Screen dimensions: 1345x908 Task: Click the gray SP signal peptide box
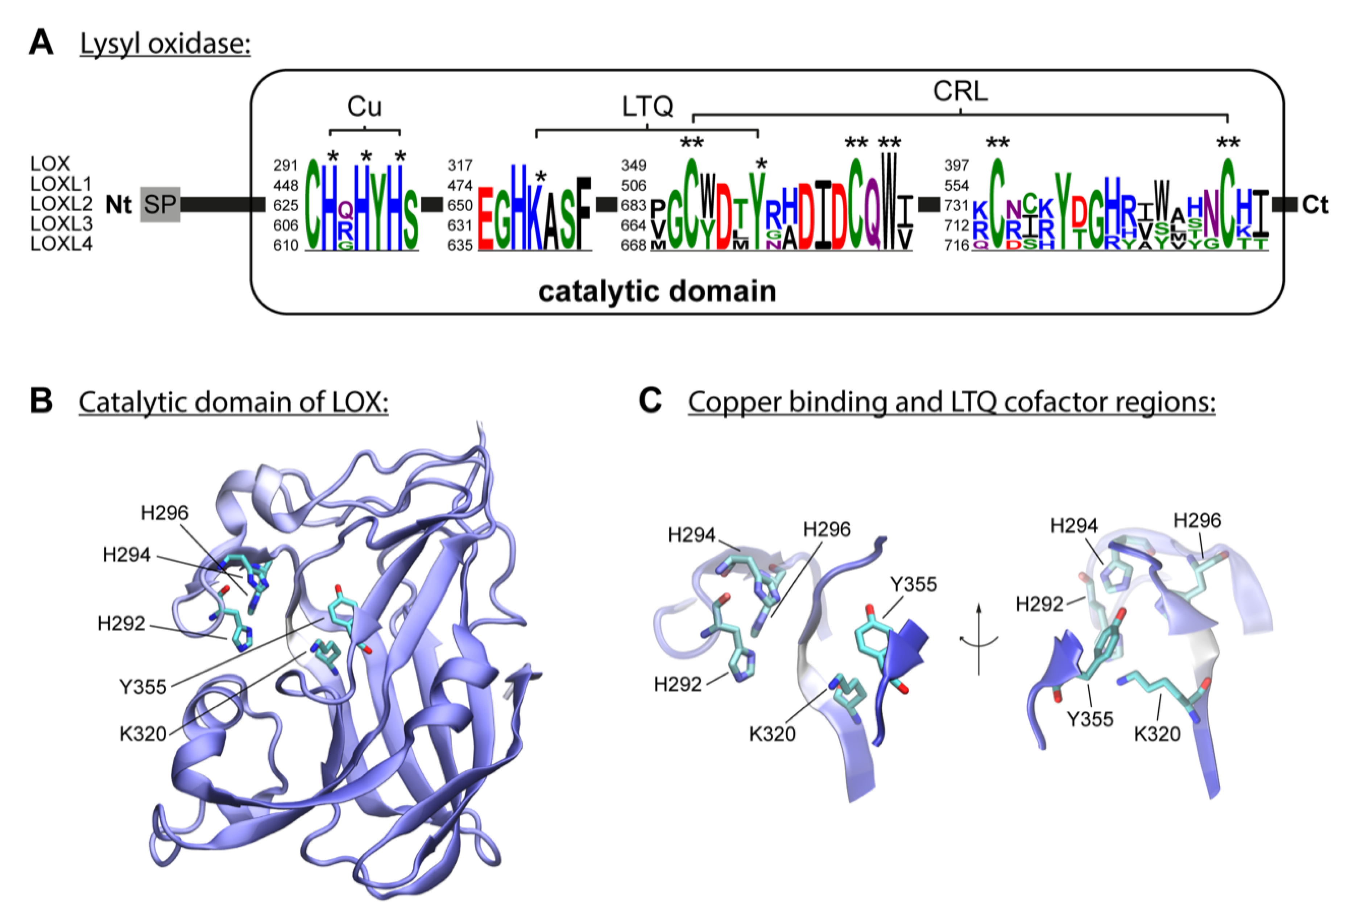pos(160,204)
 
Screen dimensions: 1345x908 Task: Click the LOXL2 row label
pos(61,204)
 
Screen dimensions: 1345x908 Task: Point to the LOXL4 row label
pos(61,244)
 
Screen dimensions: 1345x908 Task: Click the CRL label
pos(960,91)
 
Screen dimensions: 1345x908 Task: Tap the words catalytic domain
pos(657,291)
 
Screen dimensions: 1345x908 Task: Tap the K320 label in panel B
pos(143,734)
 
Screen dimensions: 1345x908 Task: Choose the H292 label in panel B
pos(121,623)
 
